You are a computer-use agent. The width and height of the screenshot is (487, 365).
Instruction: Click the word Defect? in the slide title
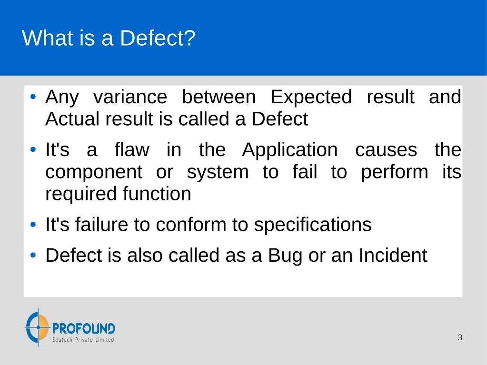coord(158,38)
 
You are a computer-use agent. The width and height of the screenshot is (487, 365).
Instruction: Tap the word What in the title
coord(47,38)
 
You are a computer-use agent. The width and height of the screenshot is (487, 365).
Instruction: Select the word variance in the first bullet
coord(130,97)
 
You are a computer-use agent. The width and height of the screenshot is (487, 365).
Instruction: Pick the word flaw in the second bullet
coord(132,149)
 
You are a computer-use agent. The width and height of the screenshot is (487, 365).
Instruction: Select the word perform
coord(395,172)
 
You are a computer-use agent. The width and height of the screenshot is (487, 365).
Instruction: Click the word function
coord(157,194)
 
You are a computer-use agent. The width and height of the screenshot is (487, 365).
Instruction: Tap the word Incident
coord(393,255)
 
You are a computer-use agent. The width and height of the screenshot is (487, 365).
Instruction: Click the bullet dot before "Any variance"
coord(33,97)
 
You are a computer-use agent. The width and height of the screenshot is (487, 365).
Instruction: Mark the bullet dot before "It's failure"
coord(33,225)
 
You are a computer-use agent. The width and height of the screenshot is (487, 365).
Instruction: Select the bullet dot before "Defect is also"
coord(33,255)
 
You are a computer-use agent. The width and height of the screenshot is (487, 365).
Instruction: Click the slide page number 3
coord(460,337)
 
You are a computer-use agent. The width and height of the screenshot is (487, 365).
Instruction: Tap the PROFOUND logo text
coord(84,328)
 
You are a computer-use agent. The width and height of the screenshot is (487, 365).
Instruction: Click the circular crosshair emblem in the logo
coord(38,327)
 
